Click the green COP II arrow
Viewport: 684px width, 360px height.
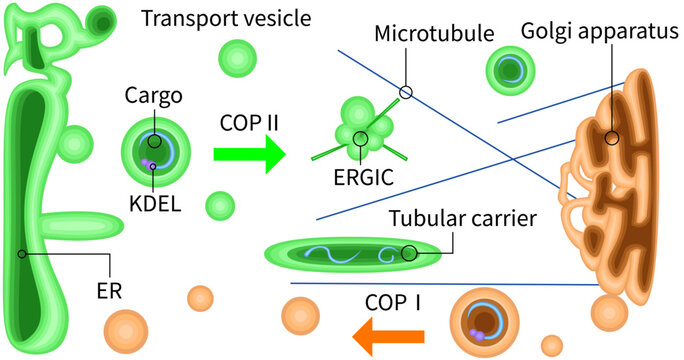tap(246, 154)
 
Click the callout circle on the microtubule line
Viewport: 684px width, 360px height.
tap(405, 92)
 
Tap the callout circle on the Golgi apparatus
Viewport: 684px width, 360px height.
tap(611, 138)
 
